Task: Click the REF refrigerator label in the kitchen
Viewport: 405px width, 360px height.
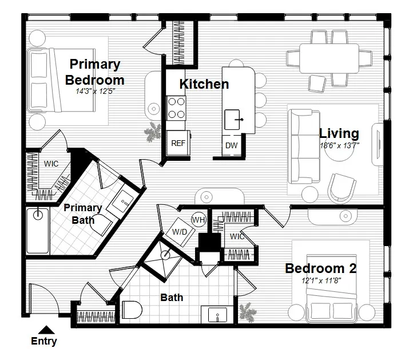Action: (x=178, y=144)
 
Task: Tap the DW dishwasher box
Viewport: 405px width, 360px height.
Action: (x=231, y=145)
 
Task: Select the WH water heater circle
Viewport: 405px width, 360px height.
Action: (x=198, y=220)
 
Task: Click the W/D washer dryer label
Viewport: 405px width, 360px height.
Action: (x=180, y=232)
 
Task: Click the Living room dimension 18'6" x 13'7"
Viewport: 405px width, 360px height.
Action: (x=339, y=145)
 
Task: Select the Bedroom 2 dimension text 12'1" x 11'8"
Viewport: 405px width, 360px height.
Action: (x=321, y=281)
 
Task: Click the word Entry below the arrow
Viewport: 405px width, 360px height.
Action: (x=43, y=342)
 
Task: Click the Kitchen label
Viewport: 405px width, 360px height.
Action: (x=204, y=84)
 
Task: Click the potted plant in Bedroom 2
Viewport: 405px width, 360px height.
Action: (x=248, y=312)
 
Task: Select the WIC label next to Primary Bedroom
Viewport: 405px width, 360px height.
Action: (x=51, y=164)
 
